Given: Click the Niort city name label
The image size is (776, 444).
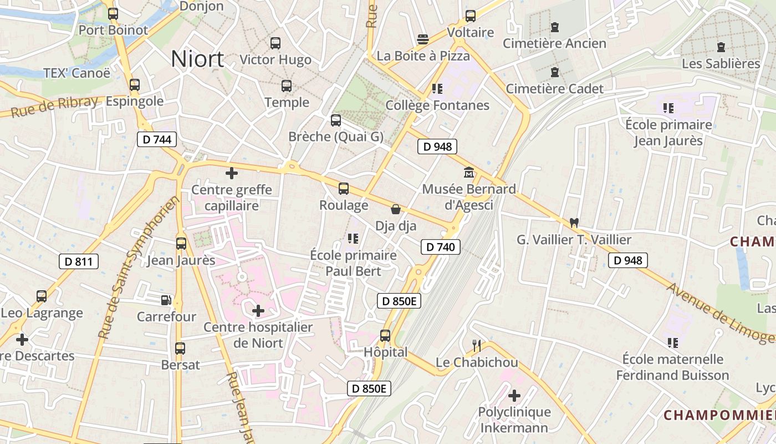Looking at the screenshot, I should point(197,59).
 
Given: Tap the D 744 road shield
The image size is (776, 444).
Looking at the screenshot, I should point(157,139).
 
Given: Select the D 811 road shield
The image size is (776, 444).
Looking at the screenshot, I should point(79,261).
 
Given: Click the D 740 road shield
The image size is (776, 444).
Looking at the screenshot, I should point(441,247).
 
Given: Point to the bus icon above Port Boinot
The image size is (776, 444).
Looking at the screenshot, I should point(113,14).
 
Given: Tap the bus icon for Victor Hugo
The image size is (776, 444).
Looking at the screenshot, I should point(275,43).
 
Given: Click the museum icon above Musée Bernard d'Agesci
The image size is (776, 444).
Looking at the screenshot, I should point(469,173).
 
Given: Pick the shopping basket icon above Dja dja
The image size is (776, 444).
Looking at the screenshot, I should point(396,209).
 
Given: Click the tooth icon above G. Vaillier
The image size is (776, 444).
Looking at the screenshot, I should point(574,223).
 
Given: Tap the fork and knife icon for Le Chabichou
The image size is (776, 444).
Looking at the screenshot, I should point(477,346).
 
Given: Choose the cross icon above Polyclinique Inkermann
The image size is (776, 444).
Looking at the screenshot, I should point(514,396).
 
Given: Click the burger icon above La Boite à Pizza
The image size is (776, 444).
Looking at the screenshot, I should point(423,39).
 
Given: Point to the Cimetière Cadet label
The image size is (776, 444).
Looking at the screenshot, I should point(555,88).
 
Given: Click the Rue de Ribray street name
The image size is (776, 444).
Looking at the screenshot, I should point(54,107).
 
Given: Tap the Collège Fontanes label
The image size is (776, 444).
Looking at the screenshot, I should point(437,105).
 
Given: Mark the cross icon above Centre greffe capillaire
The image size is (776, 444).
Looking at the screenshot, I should point(232,173).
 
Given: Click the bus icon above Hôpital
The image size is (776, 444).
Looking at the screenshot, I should point(385,336).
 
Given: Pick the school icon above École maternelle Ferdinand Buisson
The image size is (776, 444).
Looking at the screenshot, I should point(673,343).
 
